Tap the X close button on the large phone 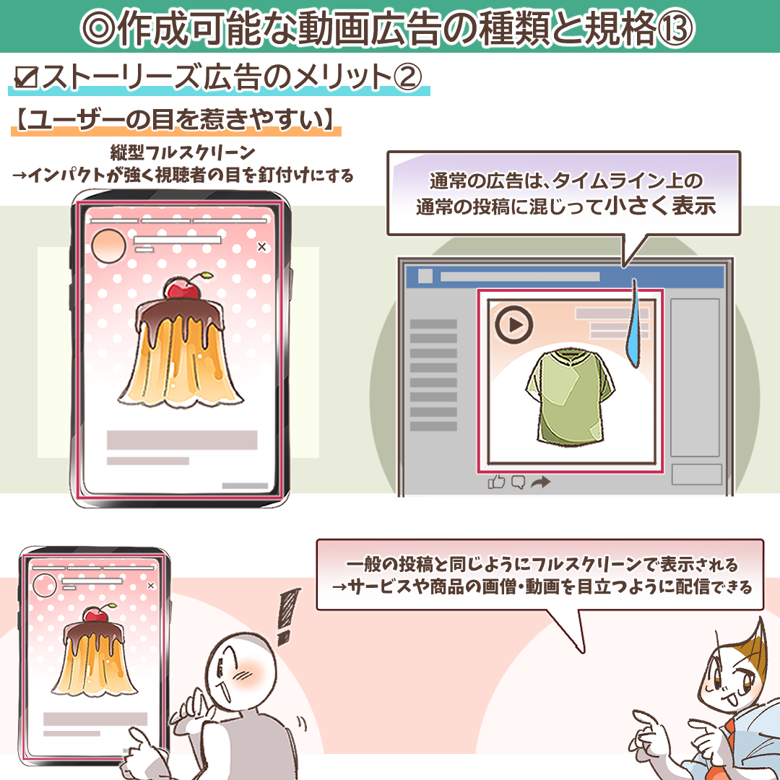click(261, 247)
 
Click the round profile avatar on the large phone click(109, 248)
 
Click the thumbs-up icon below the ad click(497, 482)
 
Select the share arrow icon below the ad click(540, 482)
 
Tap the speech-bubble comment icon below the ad click(518, 482)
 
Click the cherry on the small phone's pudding click(92, 613)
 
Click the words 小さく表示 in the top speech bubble click(660, 207)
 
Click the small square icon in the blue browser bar click(425, 276)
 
